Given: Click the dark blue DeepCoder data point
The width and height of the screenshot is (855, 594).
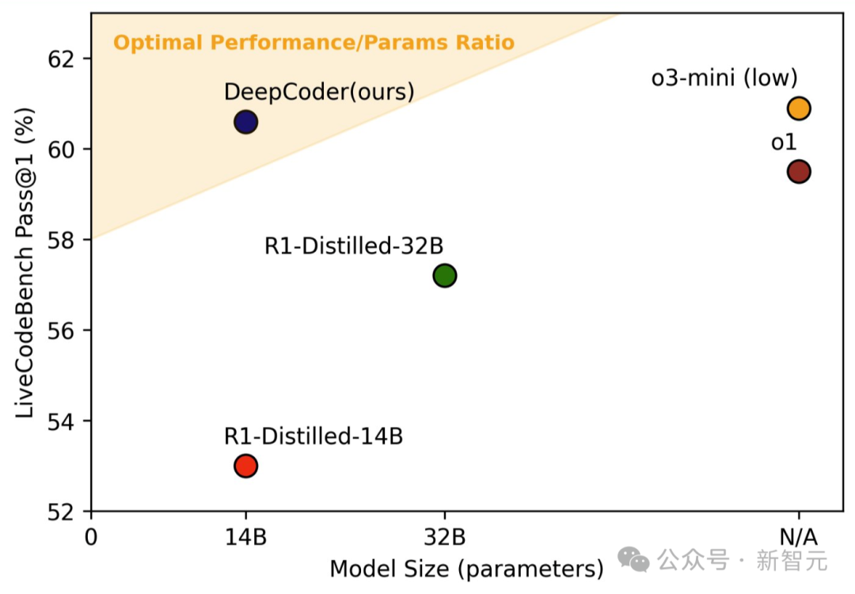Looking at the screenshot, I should [x=245, y=122].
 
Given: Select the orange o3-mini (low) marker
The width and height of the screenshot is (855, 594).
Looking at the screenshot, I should [x=798, y=108].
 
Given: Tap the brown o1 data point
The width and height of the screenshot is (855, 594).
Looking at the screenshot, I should [x=798, y=171].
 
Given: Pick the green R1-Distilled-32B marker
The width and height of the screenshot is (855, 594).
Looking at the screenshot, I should [x=445, y=276].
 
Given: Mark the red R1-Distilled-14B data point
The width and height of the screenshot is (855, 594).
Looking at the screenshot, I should [x=245, y=466].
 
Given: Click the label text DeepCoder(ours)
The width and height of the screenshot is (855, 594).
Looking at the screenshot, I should [x=319, y=92].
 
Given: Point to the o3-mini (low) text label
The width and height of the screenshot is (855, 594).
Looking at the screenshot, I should [x=724, y=78].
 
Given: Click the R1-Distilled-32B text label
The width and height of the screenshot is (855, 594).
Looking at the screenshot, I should [x=354, y=246].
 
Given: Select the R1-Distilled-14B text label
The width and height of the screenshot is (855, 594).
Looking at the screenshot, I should [x=313, y=436].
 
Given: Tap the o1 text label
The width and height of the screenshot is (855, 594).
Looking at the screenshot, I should [x=784, y=143].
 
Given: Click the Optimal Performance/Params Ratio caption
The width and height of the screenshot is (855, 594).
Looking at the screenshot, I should [x=313, y=42].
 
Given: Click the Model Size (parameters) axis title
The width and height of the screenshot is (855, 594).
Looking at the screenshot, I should [x=466, y=569].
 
